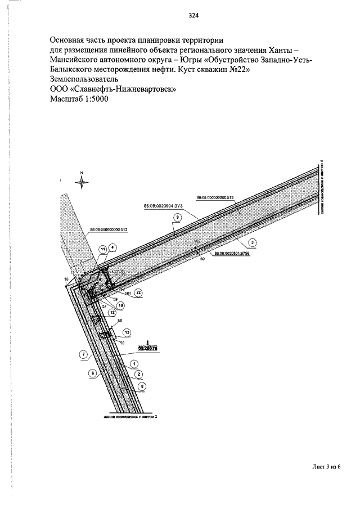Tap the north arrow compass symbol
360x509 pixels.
[82, 180]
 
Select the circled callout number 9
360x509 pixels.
[177, 217]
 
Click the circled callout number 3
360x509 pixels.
[253, 242]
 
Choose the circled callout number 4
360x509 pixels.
[112, 246]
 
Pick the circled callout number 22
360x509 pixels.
[138, 292]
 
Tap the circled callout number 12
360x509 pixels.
[112, 313]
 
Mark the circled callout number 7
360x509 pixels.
[83, 355]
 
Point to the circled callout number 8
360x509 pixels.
[142, 386]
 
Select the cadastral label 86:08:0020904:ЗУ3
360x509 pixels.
[161, 206]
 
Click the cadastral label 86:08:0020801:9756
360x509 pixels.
[233, 254]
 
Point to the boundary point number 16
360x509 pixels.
[66, 279]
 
